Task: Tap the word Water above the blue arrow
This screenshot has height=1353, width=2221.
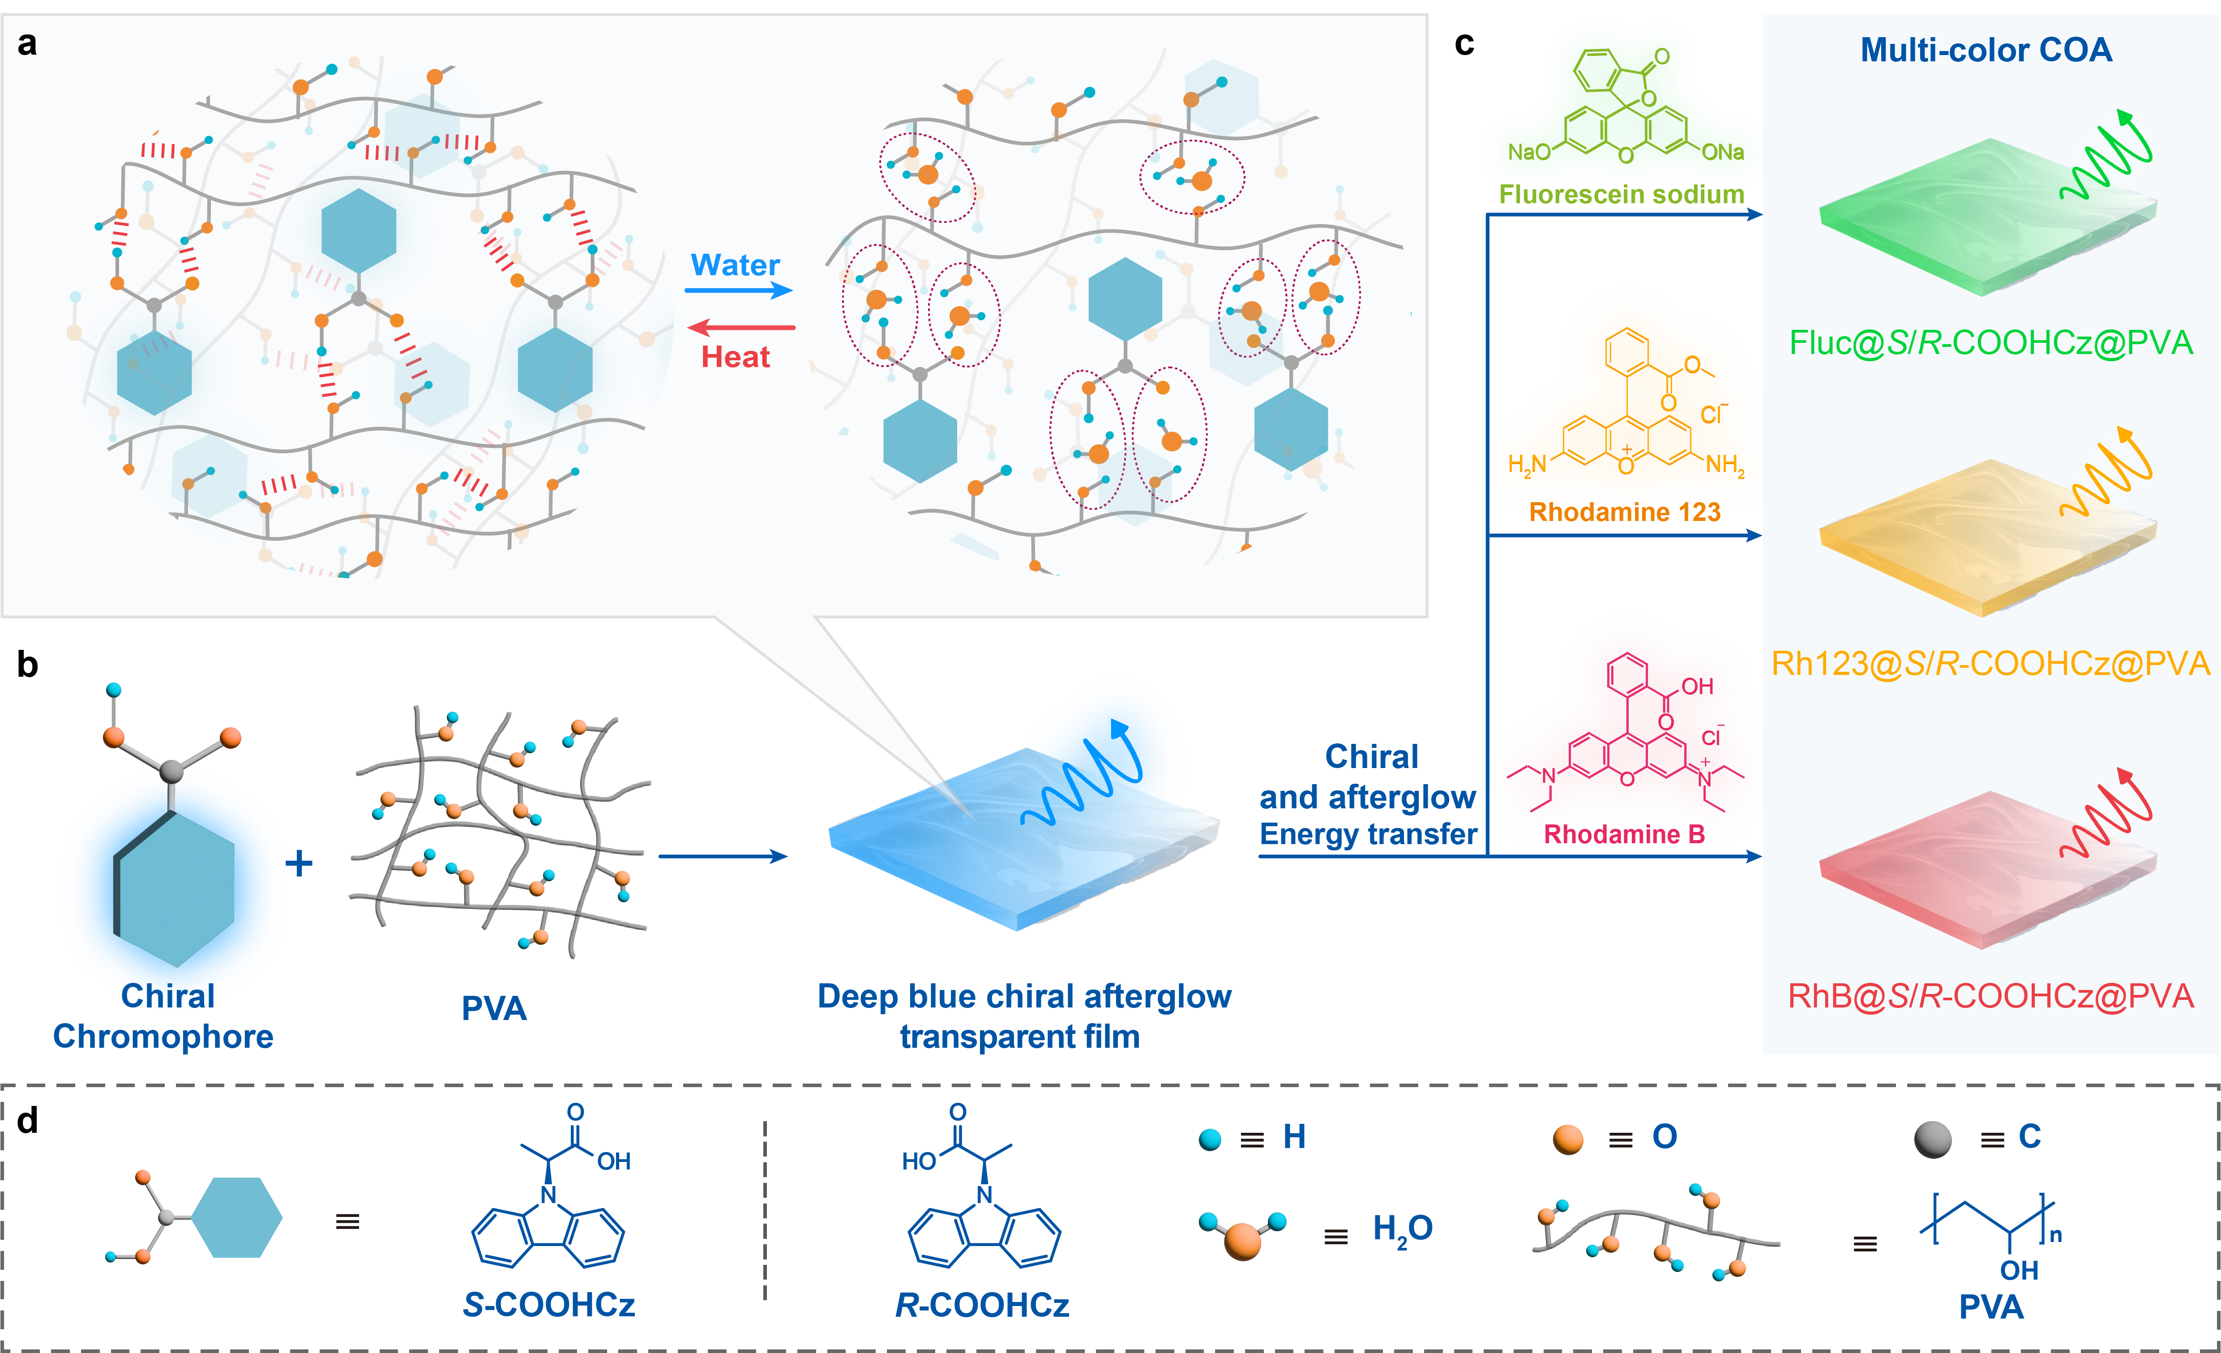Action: click(735, 265)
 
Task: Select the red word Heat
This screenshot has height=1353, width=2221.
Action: click(736, 357)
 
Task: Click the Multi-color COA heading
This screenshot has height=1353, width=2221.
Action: click(1986, 50)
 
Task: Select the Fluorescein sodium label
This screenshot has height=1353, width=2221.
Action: click(1621, 194)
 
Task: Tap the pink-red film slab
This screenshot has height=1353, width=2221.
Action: click(1983, 870)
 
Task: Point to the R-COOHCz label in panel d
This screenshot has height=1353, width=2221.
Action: click(982, 1304)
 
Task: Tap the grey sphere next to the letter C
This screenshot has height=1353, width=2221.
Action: click(1933, 1140)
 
